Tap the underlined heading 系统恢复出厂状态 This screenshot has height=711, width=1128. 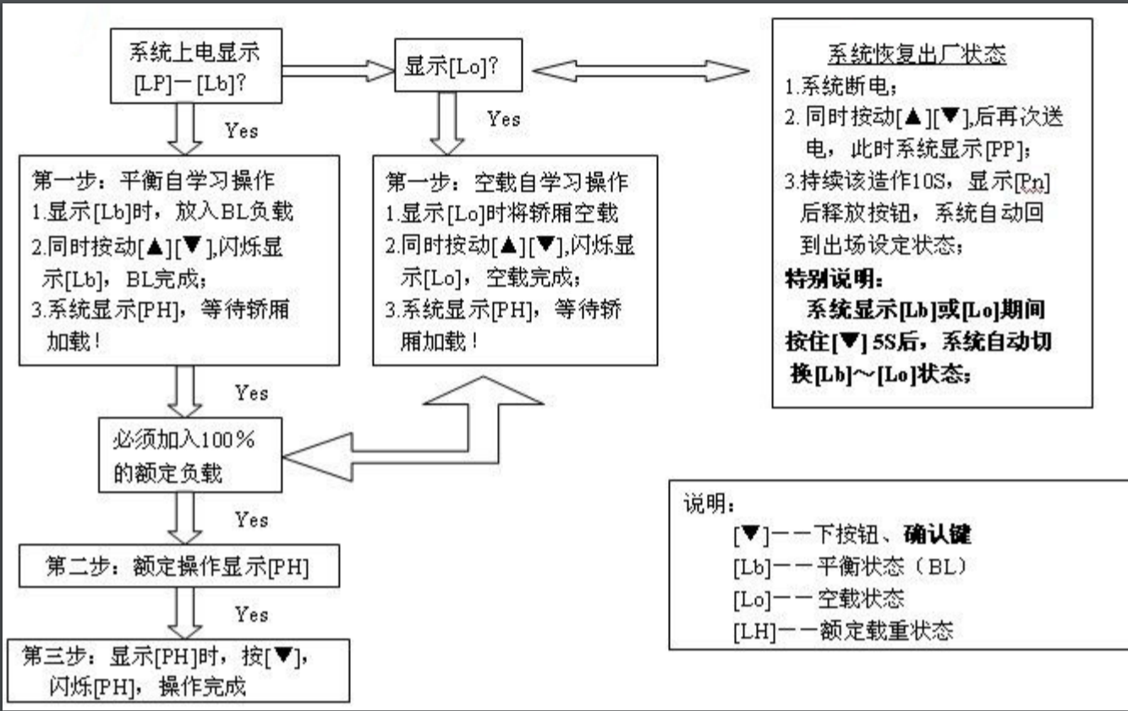(916, 54)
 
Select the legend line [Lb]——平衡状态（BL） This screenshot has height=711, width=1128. (849, 566)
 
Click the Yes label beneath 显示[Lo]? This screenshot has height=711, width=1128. (504, 119)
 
